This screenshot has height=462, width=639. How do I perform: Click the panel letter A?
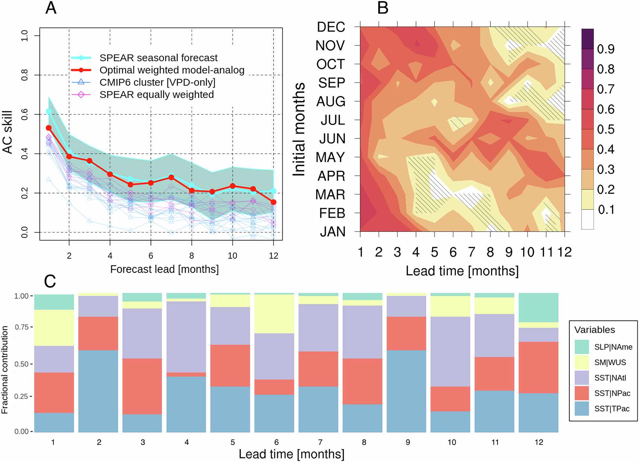(x=51, y=8)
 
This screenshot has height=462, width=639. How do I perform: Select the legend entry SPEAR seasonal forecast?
(x=158, y=58)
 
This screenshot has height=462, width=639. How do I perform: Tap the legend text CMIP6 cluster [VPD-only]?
(x=157, y=82)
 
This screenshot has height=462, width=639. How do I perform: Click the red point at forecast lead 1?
(x=49, y=128)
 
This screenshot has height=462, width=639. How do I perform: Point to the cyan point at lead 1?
(x=49, y=111)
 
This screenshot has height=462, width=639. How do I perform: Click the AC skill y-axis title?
(x=8, y=132)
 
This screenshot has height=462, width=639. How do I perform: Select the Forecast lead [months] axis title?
(x=164, y=269)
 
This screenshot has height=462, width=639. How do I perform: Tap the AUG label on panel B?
(x=331, y=102)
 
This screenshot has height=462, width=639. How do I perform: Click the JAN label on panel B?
(x=333, y=231)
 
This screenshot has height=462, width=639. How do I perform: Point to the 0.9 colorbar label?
(x=606, y=49)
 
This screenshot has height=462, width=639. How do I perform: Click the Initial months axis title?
(x=299, y=129)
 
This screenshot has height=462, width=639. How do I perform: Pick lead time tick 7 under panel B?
(x=472, y=252)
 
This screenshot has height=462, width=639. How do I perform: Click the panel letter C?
(x=50, y=281)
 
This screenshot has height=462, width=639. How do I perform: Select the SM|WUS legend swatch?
(x=581, y=362)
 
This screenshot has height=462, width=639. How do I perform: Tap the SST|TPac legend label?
(x=612, y=409)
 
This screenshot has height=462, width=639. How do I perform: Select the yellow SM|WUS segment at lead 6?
(x=274, y=314)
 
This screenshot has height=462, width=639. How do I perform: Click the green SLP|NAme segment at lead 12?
(x=538, y=307)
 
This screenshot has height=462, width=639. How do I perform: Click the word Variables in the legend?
(x=595, y=330)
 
